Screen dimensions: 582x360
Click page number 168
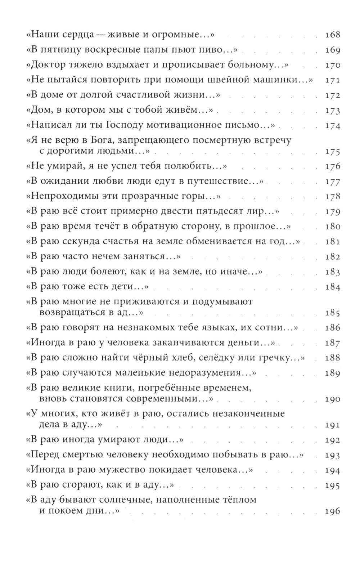[x=332, y=35]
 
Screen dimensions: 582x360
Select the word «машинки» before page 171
[x=283, y=80]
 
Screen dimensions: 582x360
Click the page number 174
[x=332, y=126]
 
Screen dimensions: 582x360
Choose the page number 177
[x=332, y=182]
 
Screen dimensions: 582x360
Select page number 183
[x=332, y=272]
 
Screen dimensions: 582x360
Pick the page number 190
[x=332, y=399]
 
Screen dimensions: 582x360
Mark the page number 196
[x=332, y=511]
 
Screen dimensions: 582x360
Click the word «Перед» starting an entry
[x=45, y=455]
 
